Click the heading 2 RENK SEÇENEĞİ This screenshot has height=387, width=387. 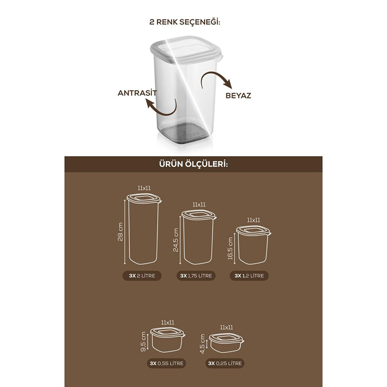point(185,22)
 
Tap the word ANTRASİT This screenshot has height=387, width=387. point(137,93)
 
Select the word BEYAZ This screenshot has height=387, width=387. point(238,95)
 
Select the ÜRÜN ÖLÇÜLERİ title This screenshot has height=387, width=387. point(193,164)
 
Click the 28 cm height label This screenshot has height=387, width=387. point(120,232)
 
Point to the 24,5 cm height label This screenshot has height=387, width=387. point(175,240)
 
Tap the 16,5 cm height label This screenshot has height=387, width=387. point(230,248)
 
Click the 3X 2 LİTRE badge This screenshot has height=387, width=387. point(142,276)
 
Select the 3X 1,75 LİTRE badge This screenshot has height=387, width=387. point(196,276)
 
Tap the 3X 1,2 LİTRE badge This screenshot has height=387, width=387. point(249,276)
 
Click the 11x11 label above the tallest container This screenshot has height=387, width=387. point(144,188)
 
